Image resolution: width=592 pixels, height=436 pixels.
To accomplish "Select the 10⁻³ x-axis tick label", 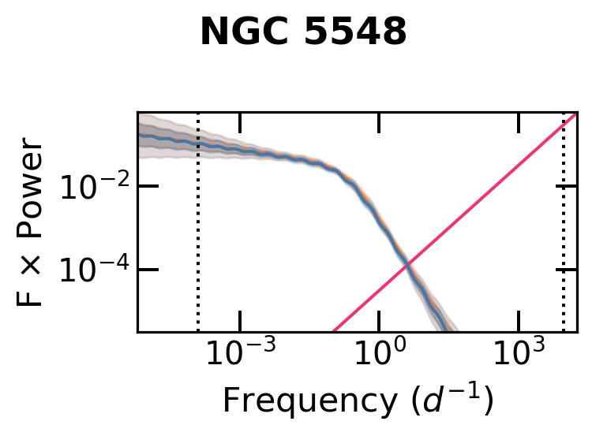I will [240, 352].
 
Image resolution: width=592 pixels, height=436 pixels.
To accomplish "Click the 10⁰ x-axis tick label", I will [379, 352].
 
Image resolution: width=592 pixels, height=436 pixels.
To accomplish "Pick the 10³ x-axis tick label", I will [519, 352].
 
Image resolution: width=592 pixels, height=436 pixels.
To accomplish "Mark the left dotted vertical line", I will [198, 237].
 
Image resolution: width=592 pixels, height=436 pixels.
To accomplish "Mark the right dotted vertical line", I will [564, 237].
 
